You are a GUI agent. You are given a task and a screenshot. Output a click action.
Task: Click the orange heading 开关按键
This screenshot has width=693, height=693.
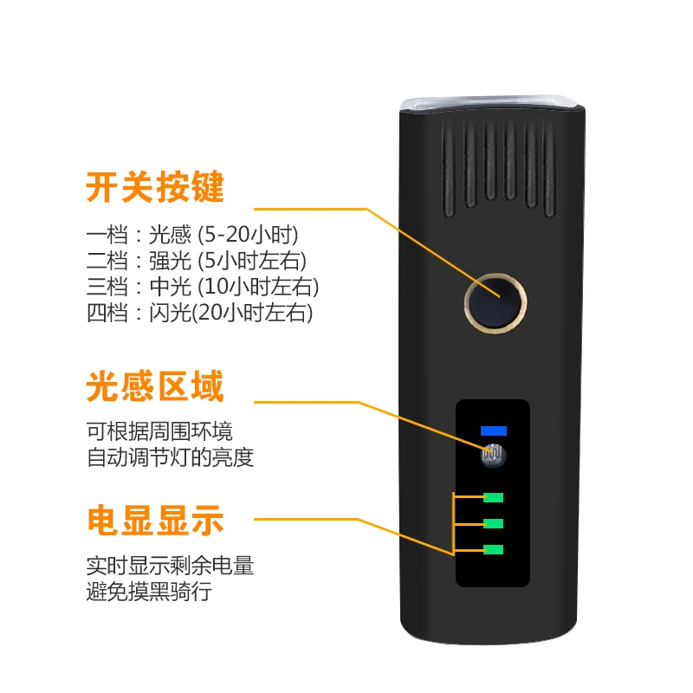[155, 187]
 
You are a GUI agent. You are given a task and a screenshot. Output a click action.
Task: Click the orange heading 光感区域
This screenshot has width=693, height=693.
[155, 386]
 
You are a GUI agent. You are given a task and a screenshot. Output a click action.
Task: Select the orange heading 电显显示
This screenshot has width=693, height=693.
[155, 520]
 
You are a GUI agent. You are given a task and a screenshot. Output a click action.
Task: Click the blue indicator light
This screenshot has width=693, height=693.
[494, 431]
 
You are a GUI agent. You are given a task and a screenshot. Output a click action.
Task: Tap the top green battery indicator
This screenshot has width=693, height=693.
[494, 497]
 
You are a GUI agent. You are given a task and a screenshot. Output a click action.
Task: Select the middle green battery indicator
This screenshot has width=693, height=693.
[494, 523]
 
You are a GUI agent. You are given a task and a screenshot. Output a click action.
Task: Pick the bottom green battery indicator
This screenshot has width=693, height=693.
[494, 549]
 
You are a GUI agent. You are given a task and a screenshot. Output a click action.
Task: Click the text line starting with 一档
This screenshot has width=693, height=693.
[198, 234]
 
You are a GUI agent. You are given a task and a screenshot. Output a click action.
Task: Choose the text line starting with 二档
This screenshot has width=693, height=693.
[197, 260]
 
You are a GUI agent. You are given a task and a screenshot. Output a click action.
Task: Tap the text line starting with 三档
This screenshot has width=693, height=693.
[203, 286]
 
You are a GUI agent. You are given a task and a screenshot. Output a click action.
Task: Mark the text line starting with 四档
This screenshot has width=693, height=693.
[199, 312]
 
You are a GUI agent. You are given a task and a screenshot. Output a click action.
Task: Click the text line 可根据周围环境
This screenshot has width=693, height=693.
[159, 431]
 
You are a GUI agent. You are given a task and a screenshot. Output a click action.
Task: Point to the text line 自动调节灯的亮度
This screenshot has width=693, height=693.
[170, 457]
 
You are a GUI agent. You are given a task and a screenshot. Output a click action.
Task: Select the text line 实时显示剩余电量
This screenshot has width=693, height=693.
[170, 567]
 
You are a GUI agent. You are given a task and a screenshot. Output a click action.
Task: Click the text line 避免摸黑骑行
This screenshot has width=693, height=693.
[149, 593]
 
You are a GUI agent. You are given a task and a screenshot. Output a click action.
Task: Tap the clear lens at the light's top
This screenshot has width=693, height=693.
[489, 101]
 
